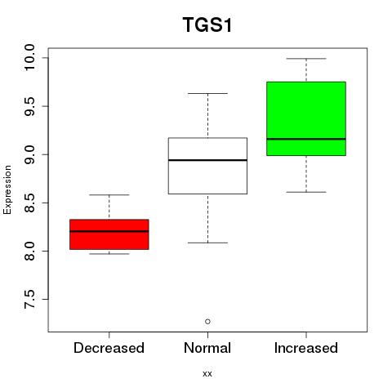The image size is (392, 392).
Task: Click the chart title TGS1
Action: (207, 25)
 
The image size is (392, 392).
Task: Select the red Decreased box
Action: (109, 234)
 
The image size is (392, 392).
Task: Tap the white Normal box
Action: (207, 166)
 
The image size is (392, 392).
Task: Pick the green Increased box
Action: (306, 118)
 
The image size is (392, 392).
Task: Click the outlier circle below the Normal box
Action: (207, 322)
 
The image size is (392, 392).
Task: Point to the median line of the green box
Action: (306, 139)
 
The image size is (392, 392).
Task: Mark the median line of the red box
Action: (109, 231)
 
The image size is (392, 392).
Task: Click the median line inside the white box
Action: (207, 160)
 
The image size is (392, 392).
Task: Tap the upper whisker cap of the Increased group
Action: (306, 59)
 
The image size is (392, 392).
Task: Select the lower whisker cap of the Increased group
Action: (306, 192)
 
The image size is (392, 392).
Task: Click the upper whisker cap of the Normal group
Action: (207, 93)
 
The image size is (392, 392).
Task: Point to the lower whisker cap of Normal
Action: (207, 243)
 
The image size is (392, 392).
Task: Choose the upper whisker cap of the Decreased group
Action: (109, 195)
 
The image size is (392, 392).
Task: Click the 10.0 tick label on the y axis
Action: (29, 58)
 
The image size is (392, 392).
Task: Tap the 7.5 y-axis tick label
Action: (29, 299)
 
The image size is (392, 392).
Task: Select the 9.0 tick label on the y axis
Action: (29, 154)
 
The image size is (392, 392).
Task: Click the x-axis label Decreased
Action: (109, 348)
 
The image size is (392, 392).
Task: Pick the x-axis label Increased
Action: (306, 348)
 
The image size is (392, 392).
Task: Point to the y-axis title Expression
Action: (7, 189)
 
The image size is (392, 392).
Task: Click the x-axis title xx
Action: (207, 374)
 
